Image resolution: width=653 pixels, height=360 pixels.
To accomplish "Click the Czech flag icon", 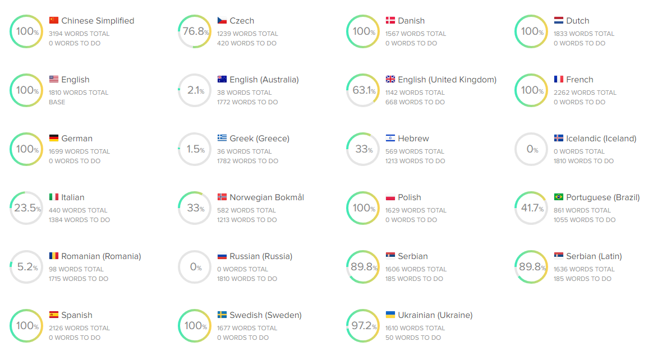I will pos(222,21).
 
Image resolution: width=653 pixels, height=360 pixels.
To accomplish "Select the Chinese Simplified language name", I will pos(98,21).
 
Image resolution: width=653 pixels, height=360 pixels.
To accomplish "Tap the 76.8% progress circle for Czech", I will pos(195,31).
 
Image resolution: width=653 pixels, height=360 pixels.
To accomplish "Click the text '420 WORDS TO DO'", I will pos(243,43).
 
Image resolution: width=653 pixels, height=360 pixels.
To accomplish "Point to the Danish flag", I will pos(390,21).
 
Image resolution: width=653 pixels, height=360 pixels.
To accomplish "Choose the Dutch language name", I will pos(577,21).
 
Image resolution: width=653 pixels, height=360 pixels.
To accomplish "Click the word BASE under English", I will pos(57,102).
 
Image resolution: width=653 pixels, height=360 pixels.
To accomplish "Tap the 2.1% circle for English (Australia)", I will pos(195,90).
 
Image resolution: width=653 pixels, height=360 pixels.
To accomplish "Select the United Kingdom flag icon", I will pos(390,80).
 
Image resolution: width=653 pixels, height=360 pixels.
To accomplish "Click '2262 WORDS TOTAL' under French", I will pos(585,93).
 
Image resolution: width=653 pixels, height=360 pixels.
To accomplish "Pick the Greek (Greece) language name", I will pos(259,139).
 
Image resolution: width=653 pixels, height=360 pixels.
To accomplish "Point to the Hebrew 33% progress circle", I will pos(363,149).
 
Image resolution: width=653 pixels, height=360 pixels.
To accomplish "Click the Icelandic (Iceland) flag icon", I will pos(559,139).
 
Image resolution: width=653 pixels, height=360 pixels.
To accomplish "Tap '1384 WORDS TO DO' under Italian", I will pos(79,220).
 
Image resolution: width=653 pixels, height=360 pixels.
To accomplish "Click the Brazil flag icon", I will pos(559,197).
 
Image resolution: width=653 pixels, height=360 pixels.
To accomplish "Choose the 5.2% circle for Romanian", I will pos(26,267).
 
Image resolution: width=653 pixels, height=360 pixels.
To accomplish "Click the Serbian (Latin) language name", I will pos(594,256).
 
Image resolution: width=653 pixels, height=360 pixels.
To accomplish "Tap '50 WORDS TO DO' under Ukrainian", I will pos(413,338).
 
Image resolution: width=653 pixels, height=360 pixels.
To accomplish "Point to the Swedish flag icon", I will pos(222,315).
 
